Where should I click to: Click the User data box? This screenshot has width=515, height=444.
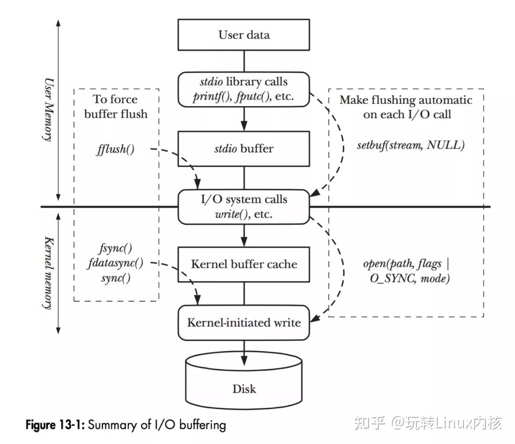(244, 35)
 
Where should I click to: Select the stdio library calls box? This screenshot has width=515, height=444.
(244, 89)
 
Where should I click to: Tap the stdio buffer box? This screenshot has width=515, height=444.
(244, 149)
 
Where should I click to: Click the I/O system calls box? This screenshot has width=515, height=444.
(244, 207)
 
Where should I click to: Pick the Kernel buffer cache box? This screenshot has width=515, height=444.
(244, 264)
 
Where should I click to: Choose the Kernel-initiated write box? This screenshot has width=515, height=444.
(244, 323)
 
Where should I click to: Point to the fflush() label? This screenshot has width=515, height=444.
(115, 150)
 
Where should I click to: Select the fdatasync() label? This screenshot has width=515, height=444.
(116, 262)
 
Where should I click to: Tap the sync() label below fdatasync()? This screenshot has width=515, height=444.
(115, 278)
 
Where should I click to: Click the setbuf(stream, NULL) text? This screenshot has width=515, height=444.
(410, 145)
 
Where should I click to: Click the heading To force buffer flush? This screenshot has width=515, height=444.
(115, 107)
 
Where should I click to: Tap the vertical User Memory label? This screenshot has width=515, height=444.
(48, 110)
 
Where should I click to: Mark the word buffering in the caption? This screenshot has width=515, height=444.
(202, 424)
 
